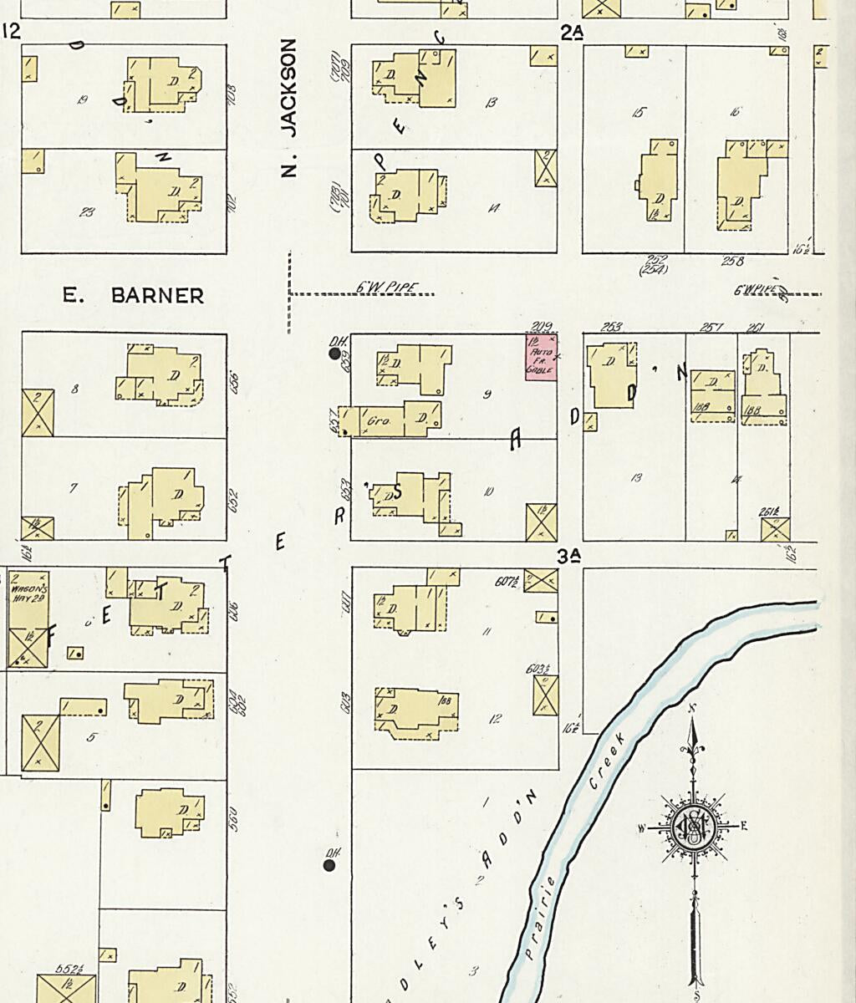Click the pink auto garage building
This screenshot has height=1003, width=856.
point(541,357)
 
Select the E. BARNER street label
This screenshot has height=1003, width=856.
point(134,295)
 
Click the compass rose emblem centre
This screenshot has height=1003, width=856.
point(693,827)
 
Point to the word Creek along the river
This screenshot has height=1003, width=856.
point(607,759)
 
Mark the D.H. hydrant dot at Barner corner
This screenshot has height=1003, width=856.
point(335,354)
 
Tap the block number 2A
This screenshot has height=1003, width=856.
point(572,33)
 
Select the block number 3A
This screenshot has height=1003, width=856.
point(569,556)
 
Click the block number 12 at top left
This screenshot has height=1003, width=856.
point(11,32)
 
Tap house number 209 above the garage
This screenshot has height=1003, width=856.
point(541,326)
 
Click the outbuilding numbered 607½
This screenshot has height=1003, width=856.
point(541,580)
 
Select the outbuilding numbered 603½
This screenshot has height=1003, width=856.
point(546,695)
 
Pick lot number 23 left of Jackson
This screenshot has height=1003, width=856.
point(86,212)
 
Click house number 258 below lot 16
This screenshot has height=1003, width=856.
point(732,262)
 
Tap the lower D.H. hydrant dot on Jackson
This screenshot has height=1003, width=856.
point(329,865)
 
